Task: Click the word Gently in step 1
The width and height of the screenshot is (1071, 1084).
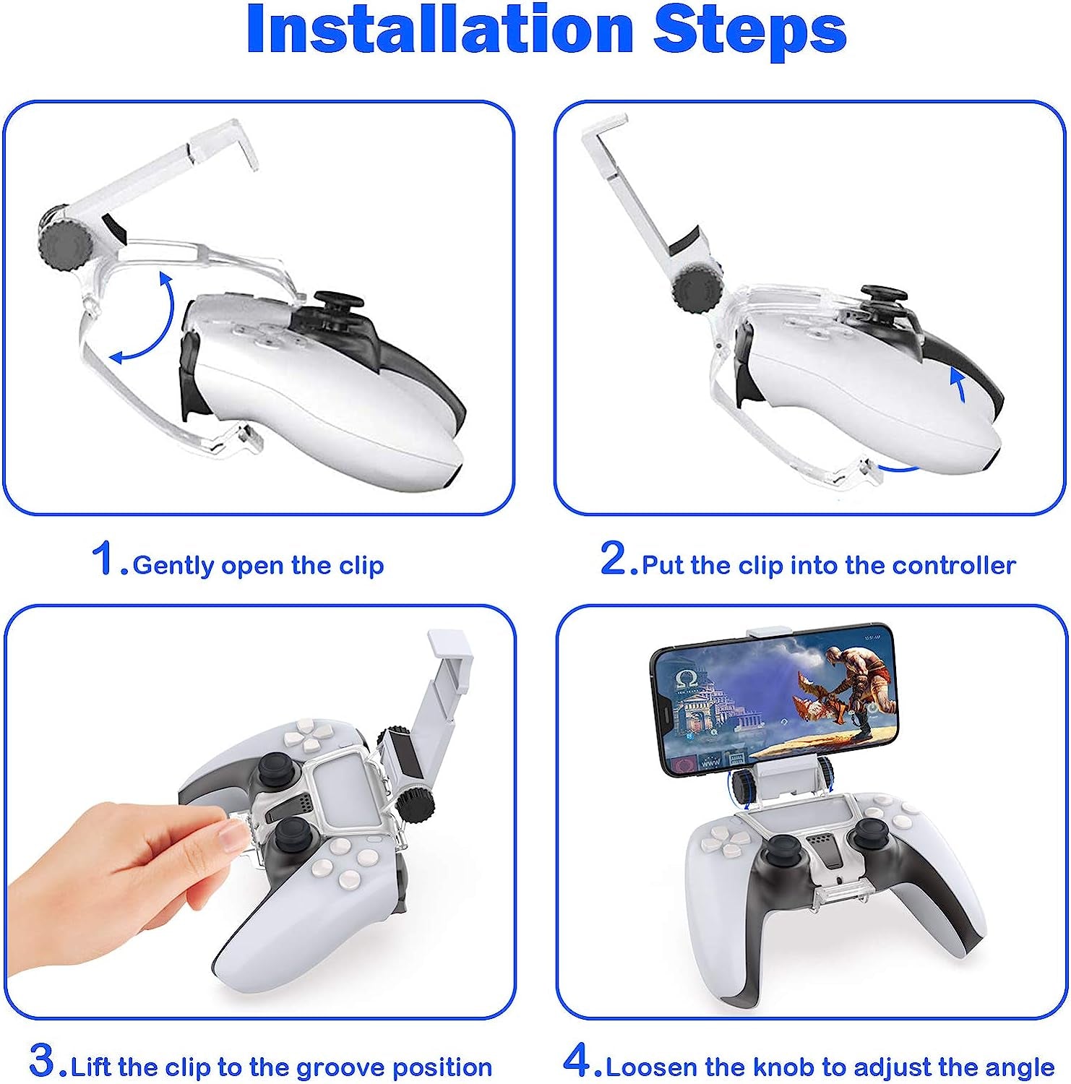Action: [x=173, y=566]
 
